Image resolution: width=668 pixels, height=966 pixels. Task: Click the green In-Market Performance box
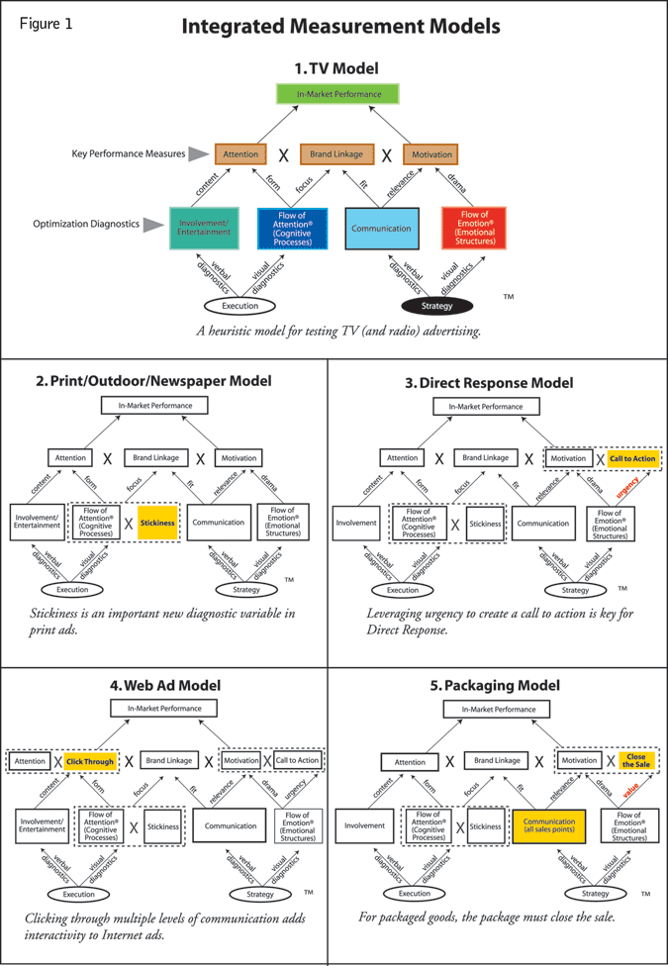[336, 95]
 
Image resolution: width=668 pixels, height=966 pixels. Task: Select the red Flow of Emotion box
[474, 228]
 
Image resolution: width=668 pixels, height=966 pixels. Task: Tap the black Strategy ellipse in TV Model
[436, 306]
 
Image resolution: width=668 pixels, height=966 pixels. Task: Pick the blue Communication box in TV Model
[381, 228]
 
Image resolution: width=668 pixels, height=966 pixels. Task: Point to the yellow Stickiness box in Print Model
[157, 522]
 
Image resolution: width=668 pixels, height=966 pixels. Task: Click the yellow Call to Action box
[632, 458]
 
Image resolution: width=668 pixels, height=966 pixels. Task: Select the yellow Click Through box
[91, 761]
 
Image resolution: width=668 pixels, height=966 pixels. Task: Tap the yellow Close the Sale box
[635, 761]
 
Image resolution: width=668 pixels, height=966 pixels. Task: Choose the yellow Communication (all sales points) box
[549, 825]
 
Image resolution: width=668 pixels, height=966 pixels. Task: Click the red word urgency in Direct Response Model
[627, 489]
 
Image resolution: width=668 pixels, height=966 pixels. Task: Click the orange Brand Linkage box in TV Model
[336, 154]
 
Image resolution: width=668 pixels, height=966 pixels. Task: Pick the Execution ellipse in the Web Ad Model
[79, 894]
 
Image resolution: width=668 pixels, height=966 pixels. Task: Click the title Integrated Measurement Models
[339, 28]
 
